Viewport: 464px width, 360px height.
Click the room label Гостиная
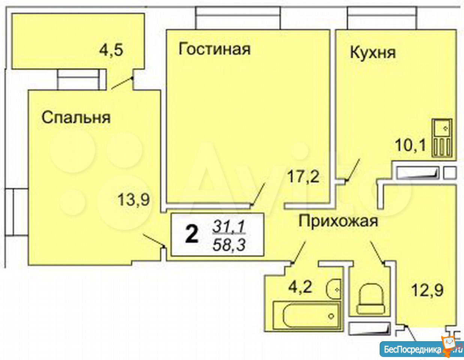pos(214,49)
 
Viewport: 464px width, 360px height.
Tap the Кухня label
pos(373,53)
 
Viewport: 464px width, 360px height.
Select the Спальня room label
pos(76,117)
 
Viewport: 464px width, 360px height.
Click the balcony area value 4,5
pos(111,51)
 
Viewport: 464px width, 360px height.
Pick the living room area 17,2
pos(303,177)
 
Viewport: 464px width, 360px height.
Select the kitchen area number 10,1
pos(411,145)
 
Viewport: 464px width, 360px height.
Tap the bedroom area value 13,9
pos(134,200)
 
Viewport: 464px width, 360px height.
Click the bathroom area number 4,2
pos(300,287)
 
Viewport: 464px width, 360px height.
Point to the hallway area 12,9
pos(427,290)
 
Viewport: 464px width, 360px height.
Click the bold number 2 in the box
pos(192,235)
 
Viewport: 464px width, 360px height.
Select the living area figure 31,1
pos(229,226)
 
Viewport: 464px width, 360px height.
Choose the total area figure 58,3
pos(229,244)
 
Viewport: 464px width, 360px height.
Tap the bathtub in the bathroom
pos(307,315)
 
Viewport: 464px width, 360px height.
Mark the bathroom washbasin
pos(334,289)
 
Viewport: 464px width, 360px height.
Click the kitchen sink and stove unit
pos(442,138)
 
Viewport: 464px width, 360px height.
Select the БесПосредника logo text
pos(413,349)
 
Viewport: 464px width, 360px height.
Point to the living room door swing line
pos(258,195)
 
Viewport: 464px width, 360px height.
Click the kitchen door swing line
pos(352,170)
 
